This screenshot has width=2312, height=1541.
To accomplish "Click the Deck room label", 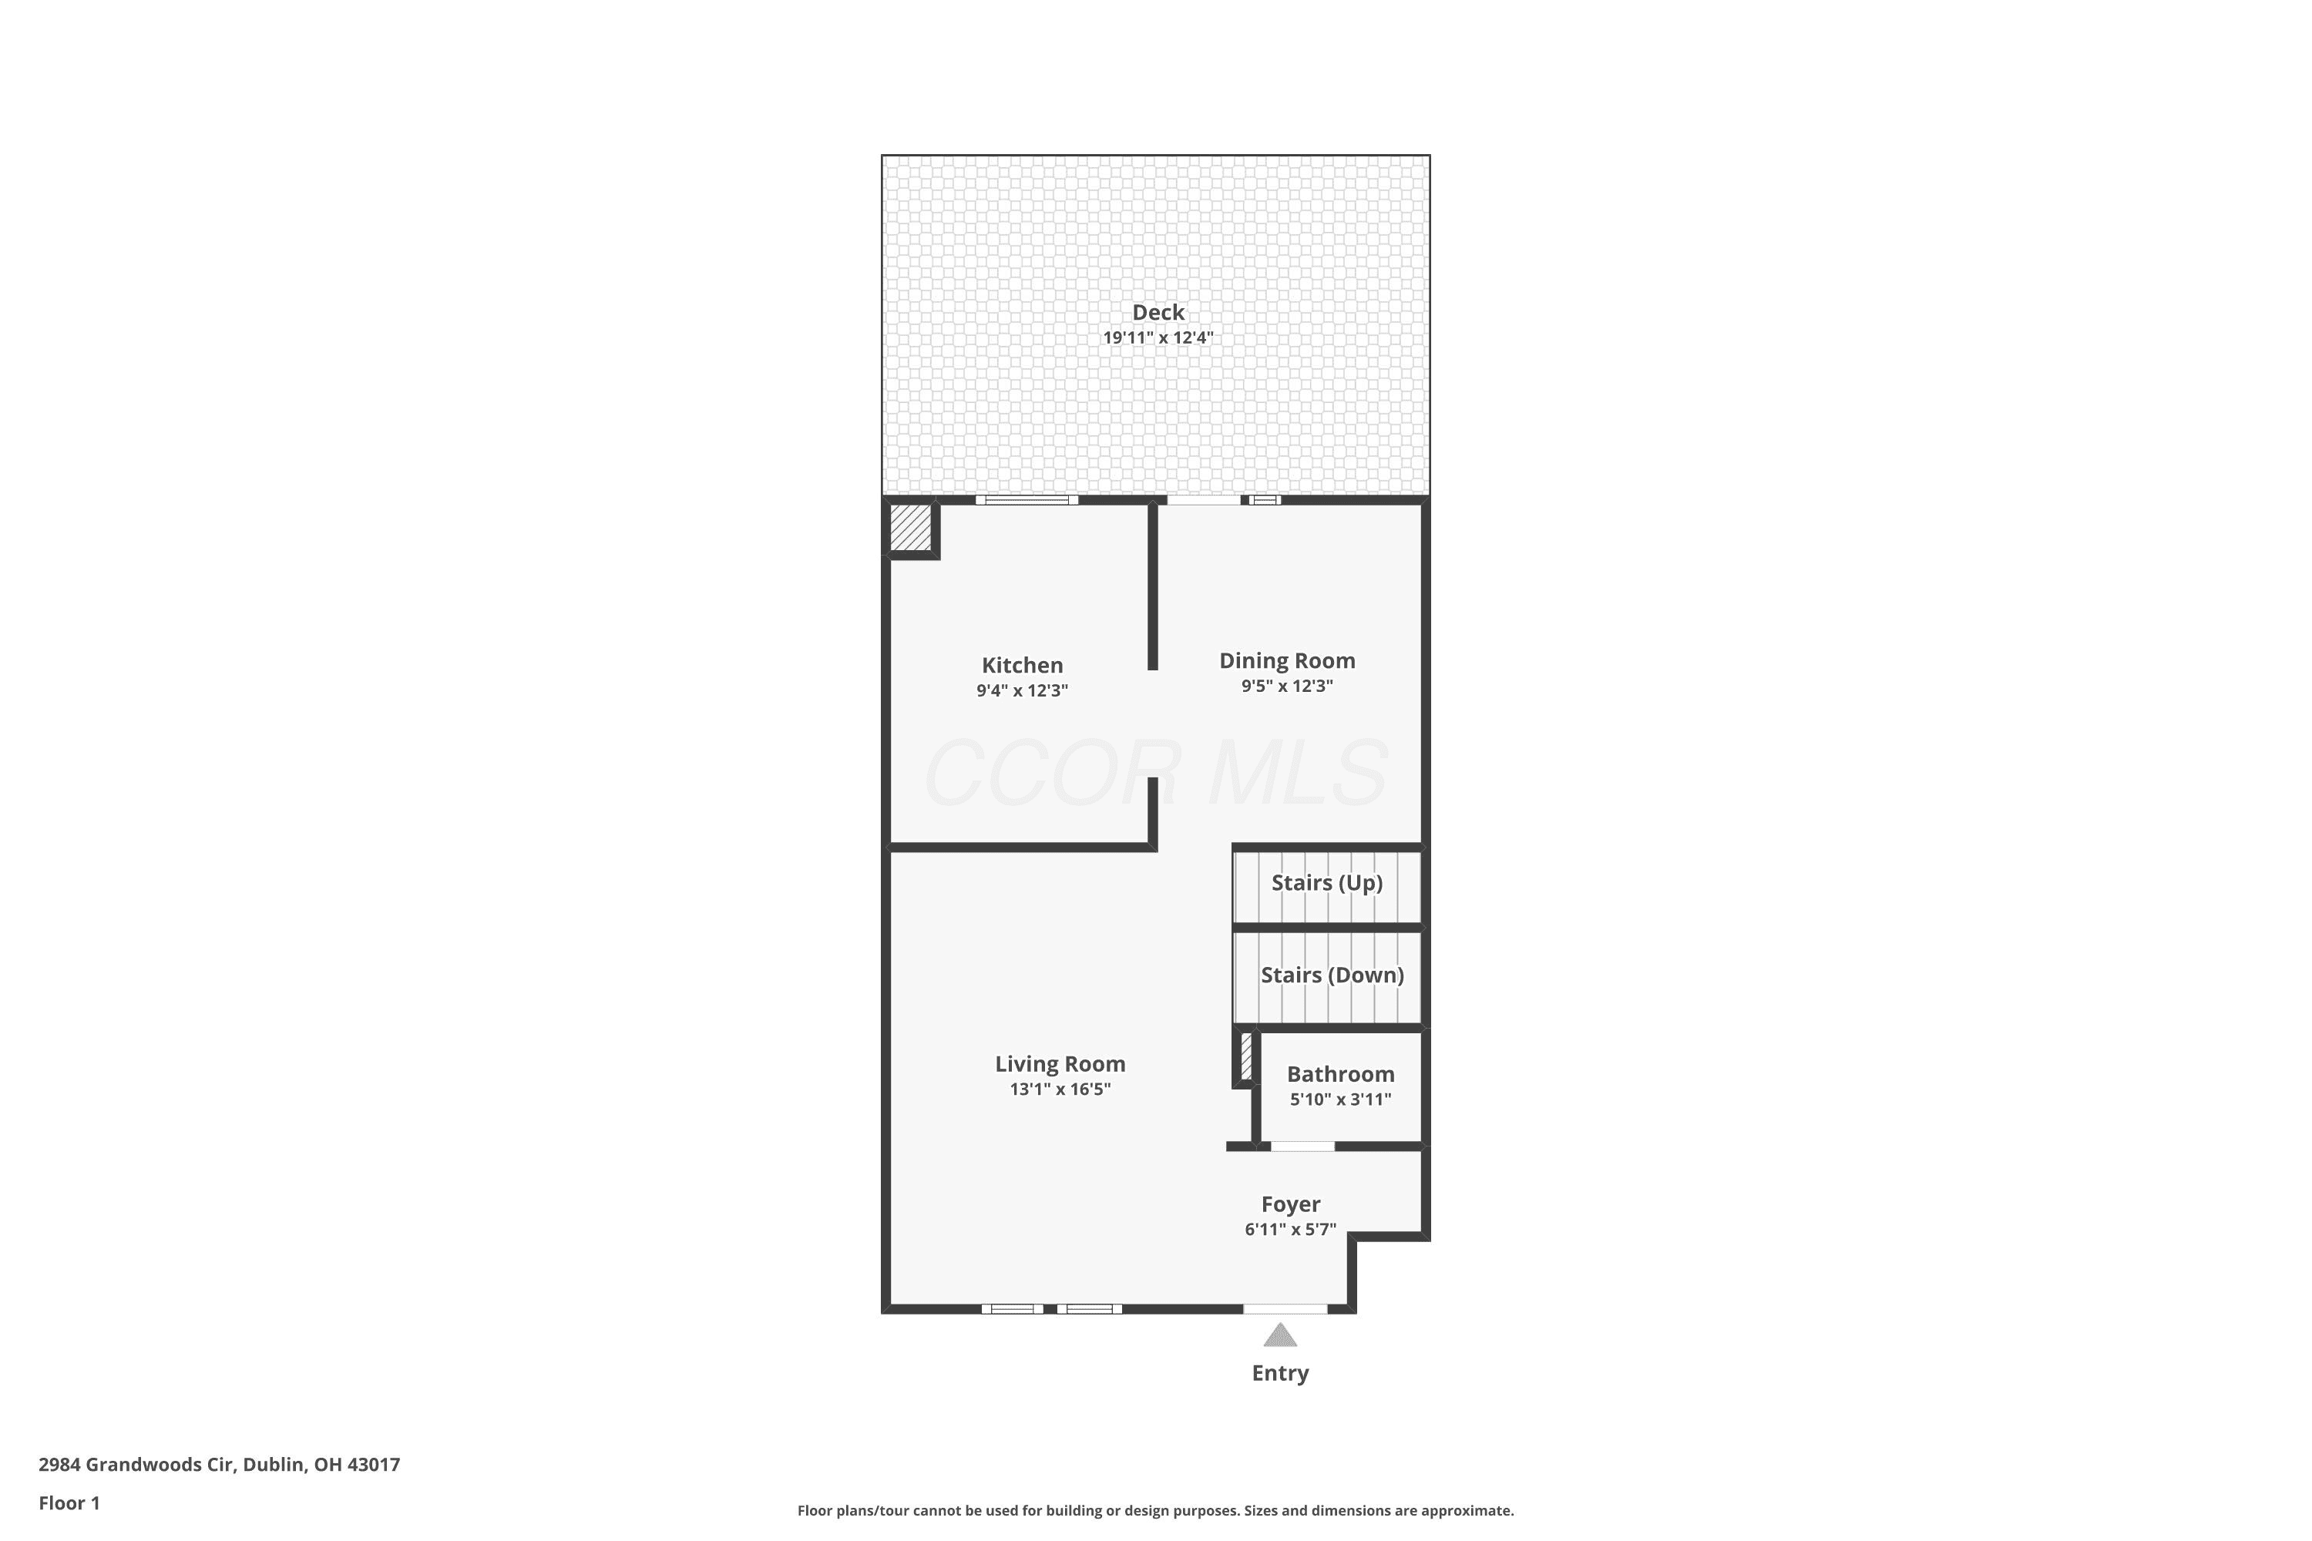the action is [x=1158, y=313].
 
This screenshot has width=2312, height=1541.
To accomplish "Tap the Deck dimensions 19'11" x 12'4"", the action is [x=1158, y=338].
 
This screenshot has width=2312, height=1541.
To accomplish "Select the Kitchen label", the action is [x=1023, y=666].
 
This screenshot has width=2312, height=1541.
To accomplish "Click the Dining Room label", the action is [x=1288, y=661].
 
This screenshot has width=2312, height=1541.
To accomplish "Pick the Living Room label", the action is [x=1060, y=1064].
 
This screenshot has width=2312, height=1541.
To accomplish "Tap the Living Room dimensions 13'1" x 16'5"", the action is [x=1060, y=1089].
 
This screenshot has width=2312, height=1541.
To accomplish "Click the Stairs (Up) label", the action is [x=1327, y=882].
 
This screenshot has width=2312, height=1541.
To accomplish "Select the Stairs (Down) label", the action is [x=1332, y=975].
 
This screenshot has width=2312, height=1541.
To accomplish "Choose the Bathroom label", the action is [x=1341, y=1074].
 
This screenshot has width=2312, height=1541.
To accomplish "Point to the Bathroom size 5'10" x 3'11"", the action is [x=1341, y=1100].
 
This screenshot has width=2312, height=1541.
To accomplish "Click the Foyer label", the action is [x=1291, y=1205].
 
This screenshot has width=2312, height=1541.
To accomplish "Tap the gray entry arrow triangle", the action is [x=1280, y=1335].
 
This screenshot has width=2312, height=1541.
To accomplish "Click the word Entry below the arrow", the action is [x=1280, y=1374].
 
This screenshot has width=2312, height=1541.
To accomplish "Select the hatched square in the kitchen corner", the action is [x=910, y=528].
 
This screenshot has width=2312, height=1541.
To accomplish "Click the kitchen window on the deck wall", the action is [x=1027, y=500].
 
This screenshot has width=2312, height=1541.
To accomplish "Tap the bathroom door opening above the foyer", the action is [x=1302, y=1146].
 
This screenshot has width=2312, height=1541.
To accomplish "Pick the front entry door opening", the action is [x=1285, y=1309].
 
